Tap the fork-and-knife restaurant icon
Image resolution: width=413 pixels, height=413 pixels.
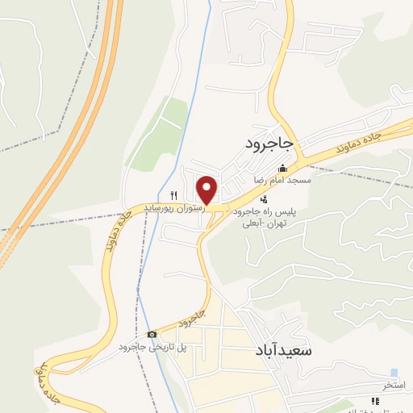point(173,194)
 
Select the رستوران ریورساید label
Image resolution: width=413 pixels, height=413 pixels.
point(173,207)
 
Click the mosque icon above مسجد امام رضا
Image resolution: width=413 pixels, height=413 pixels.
point(282,169)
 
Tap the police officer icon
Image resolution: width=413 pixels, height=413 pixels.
point(264,198)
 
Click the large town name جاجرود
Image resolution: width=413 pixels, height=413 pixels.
point(271,144)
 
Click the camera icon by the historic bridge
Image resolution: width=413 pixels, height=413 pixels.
point(152,334)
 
